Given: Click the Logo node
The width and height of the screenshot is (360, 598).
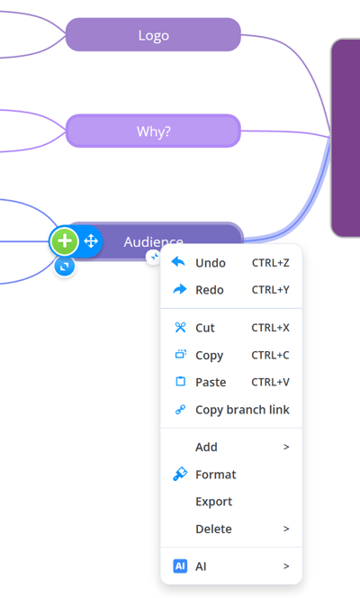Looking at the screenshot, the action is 153,35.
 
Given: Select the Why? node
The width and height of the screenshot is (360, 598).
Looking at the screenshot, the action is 153,131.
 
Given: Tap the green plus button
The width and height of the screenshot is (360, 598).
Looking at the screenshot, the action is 65,241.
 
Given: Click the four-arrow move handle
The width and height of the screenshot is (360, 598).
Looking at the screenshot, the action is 91,241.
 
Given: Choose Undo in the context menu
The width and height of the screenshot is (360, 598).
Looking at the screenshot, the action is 211,263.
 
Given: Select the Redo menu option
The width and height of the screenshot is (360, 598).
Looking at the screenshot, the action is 210,290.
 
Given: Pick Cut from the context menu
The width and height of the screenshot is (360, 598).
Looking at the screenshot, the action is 205,328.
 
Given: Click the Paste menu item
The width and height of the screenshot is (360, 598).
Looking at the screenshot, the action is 211,382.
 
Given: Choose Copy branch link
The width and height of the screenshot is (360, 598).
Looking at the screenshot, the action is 242,410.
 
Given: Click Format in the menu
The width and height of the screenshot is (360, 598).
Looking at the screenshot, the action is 216,475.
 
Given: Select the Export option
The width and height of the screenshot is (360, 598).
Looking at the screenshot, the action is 213,502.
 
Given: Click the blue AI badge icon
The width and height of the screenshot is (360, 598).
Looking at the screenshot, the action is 180,566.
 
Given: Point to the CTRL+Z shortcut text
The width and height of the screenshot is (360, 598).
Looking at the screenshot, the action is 271,263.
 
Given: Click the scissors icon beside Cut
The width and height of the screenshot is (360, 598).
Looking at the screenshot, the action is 180,327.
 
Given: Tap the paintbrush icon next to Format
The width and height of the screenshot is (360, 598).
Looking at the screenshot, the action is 180,474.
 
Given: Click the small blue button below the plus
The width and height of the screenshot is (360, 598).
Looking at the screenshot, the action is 65,266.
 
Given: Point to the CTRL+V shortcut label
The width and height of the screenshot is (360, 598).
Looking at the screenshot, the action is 271,382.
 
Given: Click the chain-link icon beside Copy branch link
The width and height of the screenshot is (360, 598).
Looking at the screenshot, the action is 180,410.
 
